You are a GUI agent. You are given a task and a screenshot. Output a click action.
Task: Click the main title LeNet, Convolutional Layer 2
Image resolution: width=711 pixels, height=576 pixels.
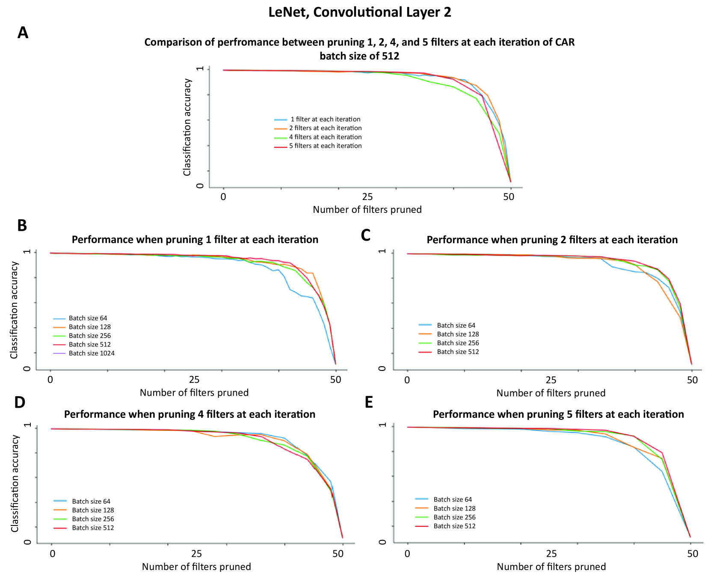(359, 12)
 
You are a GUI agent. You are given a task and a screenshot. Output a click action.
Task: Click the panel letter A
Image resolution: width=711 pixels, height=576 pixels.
(23, 33)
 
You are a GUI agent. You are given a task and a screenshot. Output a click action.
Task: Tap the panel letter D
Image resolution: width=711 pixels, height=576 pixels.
(20, 403)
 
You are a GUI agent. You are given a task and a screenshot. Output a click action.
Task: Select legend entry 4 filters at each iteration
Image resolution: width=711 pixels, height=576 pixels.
(325, 137)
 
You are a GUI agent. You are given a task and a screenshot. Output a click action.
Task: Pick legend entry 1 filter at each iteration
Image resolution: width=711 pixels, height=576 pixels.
(325, 119)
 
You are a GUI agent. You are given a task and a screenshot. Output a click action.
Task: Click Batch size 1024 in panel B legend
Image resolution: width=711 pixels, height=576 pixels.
(92, 353)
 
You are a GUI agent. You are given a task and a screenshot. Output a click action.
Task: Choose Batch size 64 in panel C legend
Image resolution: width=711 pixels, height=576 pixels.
(456, 325)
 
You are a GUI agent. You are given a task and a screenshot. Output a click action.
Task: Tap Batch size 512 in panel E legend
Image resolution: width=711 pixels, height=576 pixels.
(454, 526)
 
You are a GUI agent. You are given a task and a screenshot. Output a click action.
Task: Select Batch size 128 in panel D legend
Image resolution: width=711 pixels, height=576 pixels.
(93, 510)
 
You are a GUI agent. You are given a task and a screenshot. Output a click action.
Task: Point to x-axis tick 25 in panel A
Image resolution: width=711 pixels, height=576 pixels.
(367, 197)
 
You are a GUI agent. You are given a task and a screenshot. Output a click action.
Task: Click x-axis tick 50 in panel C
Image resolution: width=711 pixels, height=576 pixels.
(692, 380)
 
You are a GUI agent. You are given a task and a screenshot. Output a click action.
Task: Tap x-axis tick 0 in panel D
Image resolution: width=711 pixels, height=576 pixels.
(52, 554)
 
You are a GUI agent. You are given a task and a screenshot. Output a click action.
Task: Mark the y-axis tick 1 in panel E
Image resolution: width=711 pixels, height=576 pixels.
(382, 425)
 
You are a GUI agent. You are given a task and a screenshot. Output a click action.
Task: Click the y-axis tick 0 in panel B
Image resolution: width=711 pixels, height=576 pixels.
(27, 369)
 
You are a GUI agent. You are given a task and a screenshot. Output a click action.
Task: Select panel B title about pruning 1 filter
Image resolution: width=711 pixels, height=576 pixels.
(195, 239)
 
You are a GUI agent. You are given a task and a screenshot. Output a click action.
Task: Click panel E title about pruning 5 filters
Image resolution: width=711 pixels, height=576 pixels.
(558, 414)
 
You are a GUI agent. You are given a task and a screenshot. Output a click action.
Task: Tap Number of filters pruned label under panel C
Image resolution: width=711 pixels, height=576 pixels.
(551, 393)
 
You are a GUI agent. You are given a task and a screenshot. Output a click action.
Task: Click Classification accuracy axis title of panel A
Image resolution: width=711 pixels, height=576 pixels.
(187, 127)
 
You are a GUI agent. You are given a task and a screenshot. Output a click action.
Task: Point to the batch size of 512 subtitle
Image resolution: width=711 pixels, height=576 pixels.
(359, 56)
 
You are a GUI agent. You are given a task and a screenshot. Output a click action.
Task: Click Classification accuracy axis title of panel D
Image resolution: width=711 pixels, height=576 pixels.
(15, 483)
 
